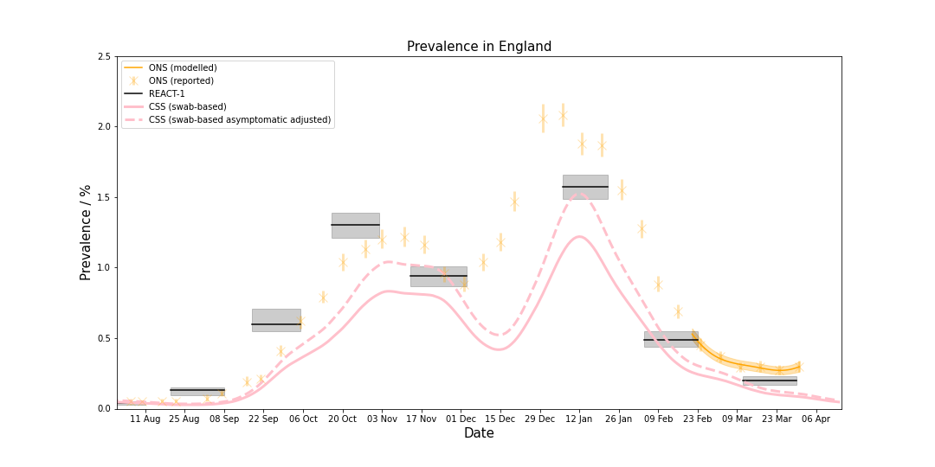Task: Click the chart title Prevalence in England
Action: coord(479,47)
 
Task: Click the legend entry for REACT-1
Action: coord(166,93)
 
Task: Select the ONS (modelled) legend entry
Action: coord(183,67)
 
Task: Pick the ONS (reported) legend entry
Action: coord(181,80)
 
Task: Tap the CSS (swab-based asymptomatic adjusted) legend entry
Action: coord(239,119)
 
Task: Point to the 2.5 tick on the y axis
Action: coord(103,56)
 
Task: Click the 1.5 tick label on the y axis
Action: coord(103,197)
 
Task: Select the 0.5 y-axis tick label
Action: coord(103,338)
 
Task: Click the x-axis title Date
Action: coord(479,433)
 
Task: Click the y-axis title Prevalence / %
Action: coord(86,232)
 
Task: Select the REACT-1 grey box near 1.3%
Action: coord(355,225)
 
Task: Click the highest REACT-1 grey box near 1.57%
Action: coord(585,187)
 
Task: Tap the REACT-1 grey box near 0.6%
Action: coord(276,320)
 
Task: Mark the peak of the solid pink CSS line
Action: coord(579,236)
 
